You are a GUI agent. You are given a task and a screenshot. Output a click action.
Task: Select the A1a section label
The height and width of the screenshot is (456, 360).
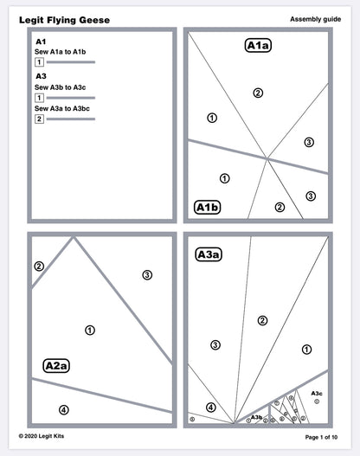pyautogui.click(x=258, y=47)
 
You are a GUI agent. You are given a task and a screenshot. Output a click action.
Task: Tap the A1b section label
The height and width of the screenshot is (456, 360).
pyautogui.click(x=207, y=207)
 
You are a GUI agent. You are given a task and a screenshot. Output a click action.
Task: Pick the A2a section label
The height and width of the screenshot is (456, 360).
pyautogui.click(x=56, y=365)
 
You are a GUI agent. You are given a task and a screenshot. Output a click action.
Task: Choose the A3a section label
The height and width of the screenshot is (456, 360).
pyautogui.click(x=209, y=254)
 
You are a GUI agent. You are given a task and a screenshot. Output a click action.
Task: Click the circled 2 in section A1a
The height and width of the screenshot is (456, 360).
pyautogui.click(x=257, y=93)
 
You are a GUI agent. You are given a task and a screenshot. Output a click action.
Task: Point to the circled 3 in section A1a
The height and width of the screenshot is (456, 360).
pyautogui.click(x=309, y=142)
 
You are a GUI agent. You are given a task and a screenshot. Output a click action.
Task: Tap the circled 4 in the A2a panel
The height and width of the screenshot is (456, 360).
pyautogui.click(x=62, y=409)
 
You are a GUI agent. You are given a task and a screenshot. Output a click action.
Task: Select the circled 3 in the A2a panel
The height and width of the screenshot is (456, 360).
pyautogui.click(x=147, y=274)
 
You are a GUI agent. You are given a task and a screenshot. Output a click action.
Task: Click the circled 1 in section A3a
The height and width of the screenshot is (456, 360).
pyautogui.click(x=306, y=350)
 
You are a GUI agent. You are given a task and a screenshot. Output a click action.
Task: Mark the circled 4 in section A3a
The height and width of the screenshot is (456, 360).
pyautogui.click(x=210, y=407)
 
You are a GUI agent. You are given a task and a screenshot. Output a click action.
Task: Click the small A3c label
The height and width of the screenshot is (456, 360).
pyautogui.click(x=317, y=393)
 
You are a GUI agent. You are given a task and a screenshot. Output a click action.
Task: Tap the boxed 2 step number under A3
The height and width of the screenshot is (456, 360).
pyautogui.click(x=39, y=119)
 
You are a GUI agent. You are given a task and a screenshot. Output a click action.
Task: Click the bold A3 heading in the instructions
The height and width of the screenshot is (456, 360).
pyautogui.click(x=41, y=75)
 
